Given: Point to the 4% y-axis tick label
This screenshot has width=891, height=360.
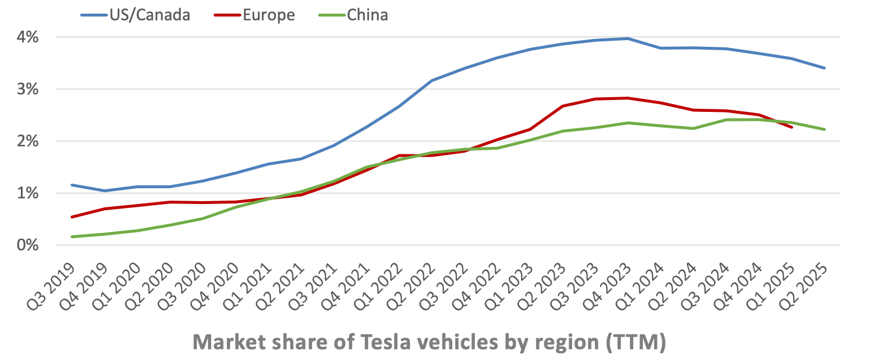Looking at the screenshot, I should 28,37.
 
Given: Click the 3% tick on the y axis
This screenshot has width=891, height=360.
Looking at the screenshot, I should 28,89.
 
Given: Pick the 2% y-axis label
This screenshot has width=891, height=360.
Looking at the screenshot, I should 28,141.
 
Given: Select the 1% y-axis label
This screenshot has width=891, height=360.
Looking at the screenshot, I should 28,193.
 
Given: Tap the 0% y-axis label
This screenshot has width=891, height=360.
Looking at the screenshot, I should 28,245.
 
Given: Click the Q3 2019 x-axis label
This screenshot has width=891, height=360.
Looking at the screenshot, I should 52,285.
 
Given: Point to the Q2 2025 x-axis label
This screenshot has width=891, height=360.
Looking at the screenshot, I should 804,285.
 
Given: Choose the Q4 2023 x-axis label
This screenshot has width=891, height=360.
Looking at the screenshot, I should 608,285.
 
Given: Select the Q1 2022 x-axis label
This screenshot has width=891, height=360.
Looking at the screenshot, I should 379,285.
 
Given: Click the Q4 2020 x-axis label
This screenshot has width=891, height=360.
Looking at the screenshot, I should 215,285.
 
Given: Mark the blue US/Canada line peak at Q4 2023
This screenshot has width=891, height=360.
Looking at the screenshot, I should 628,38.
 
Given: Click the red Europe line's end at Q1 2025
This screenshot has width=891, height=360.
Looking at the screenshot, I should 791,127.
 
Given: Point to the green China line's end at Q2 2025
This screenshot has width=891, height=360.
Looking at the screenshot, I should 824,129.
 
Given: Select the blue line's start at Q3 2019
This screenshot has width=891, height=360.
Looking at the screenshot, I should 72,185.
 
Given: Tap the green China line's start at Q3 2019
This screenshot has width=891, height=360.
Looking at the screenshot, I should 72,237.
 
